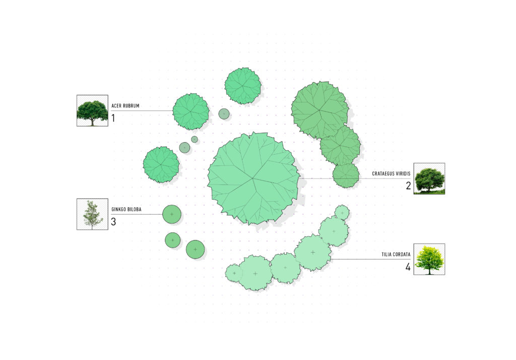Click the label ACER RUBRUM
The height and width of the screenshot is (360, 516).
click(125, 106)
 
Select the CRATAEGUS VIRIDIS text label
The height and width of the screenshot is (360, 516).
click(391, 173)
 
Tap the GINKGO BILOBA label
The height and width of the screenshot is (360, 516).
click(126, 209)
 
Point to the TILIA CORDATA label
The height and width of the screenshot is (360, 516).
click(396, 254)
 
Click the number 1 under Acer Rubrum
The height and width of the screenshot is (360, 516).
click(113, 118)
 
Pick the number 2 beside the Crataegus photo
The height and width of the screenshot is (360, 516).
click(408, 186)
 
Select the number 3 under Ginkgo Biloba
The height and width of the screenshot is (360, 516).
click(113, 222)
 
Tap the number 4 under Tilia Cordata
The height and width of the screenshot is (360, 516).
click(408, 267)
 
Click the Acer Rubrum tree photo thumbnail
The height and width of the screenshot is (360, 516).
click(93, 110)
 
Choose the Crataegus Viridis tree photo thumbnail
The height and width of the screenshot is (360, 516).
click(429, 178)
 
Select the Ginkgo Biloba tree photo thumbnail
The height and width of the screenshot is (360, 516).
click(93, 214)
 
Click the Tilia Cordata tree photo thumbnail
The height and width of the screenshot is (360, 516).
click(429, 259)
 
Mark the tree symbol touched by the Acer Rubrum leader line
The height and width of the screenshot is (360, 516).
click(191, 111)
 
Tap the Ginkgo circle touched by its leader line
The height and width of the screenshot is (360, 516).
click(172, 214)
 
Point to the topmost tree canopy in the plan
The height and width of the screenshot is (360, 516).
click(243, 86)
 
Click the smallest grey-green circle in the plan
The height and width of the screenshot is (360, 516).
click(195, 139)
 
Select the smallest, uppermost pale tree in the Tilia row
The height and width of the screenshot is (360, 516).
click(342, 212)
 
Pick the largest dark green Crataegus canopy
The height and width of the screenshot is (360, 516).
click(319, 110)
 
